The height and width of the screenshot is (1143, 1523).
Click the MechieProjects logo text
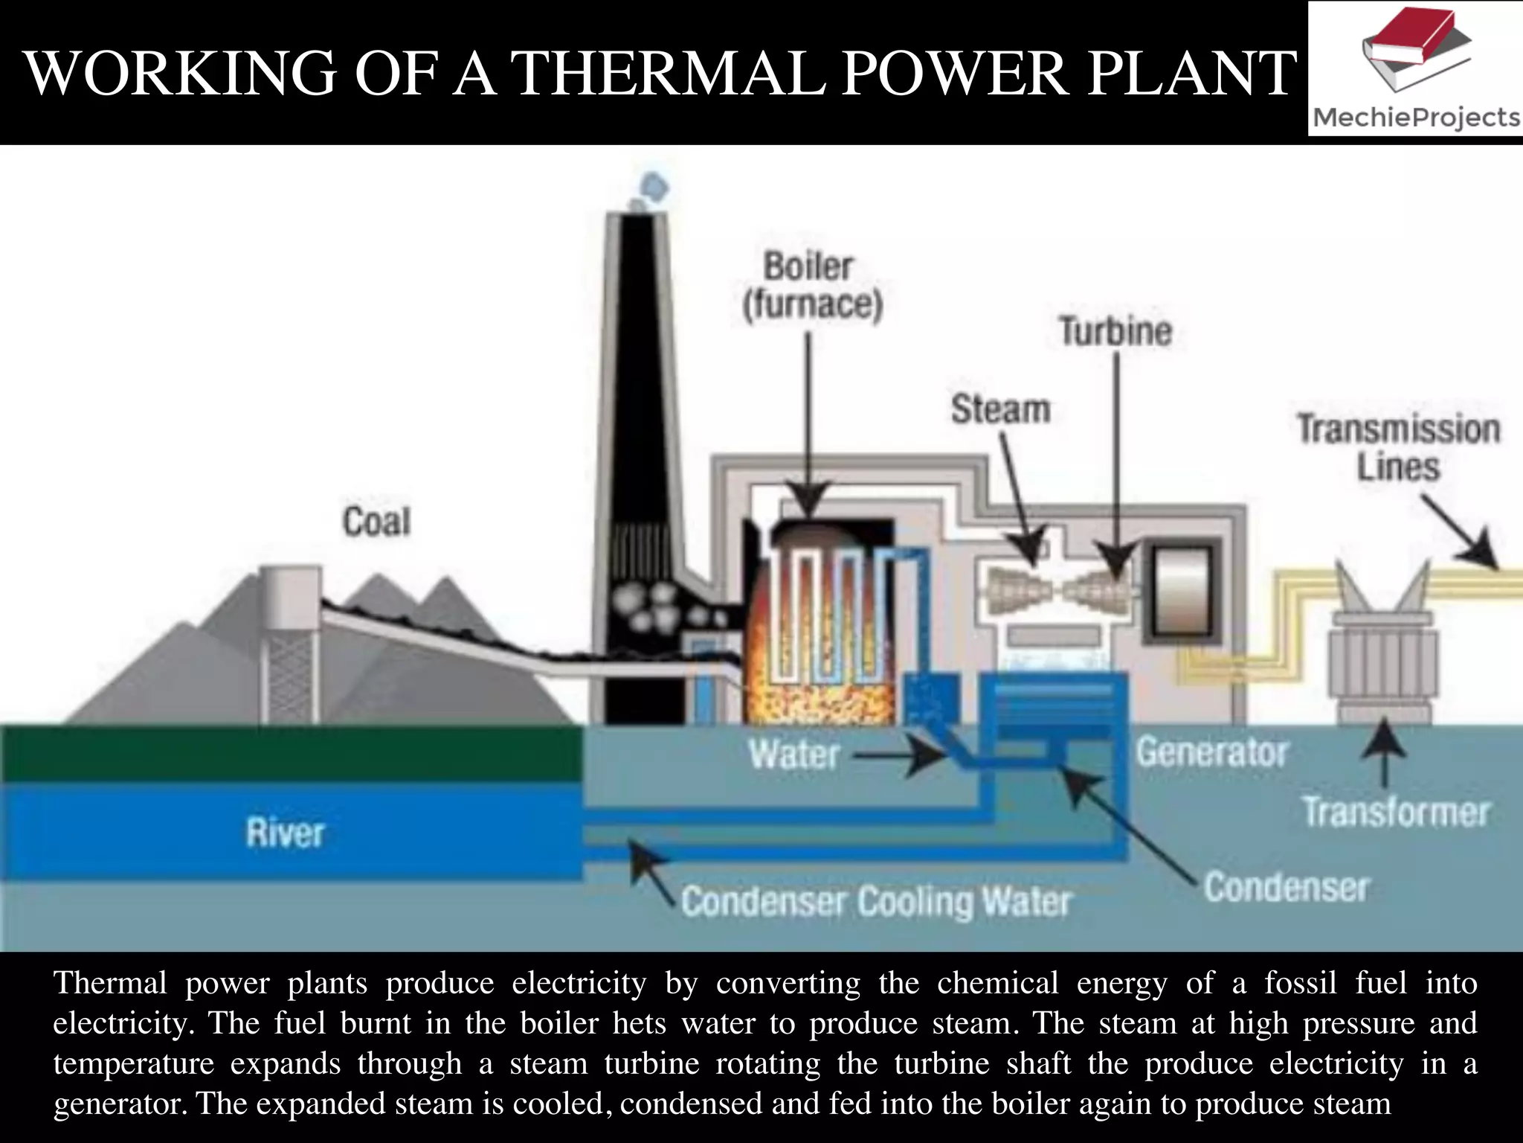[x=1415, y=118]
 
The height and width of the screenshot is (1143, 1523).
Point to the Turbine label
[x=1115, y=330]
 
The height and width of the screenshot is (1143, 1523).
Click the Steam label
[x=1000, y=409]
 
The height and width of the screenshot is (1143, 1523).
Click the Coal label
[x=376, y=521]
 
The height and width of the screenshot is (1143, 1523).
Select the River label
[x=285, y=832]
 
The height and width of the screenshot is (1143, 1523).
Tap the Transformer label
[x=1396, y=811]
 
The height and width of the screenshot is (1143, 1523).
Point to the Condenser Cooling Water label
[x=875, y=902]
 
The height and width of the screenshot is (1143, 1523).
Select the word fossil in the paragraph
[x=1300, y=983]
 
